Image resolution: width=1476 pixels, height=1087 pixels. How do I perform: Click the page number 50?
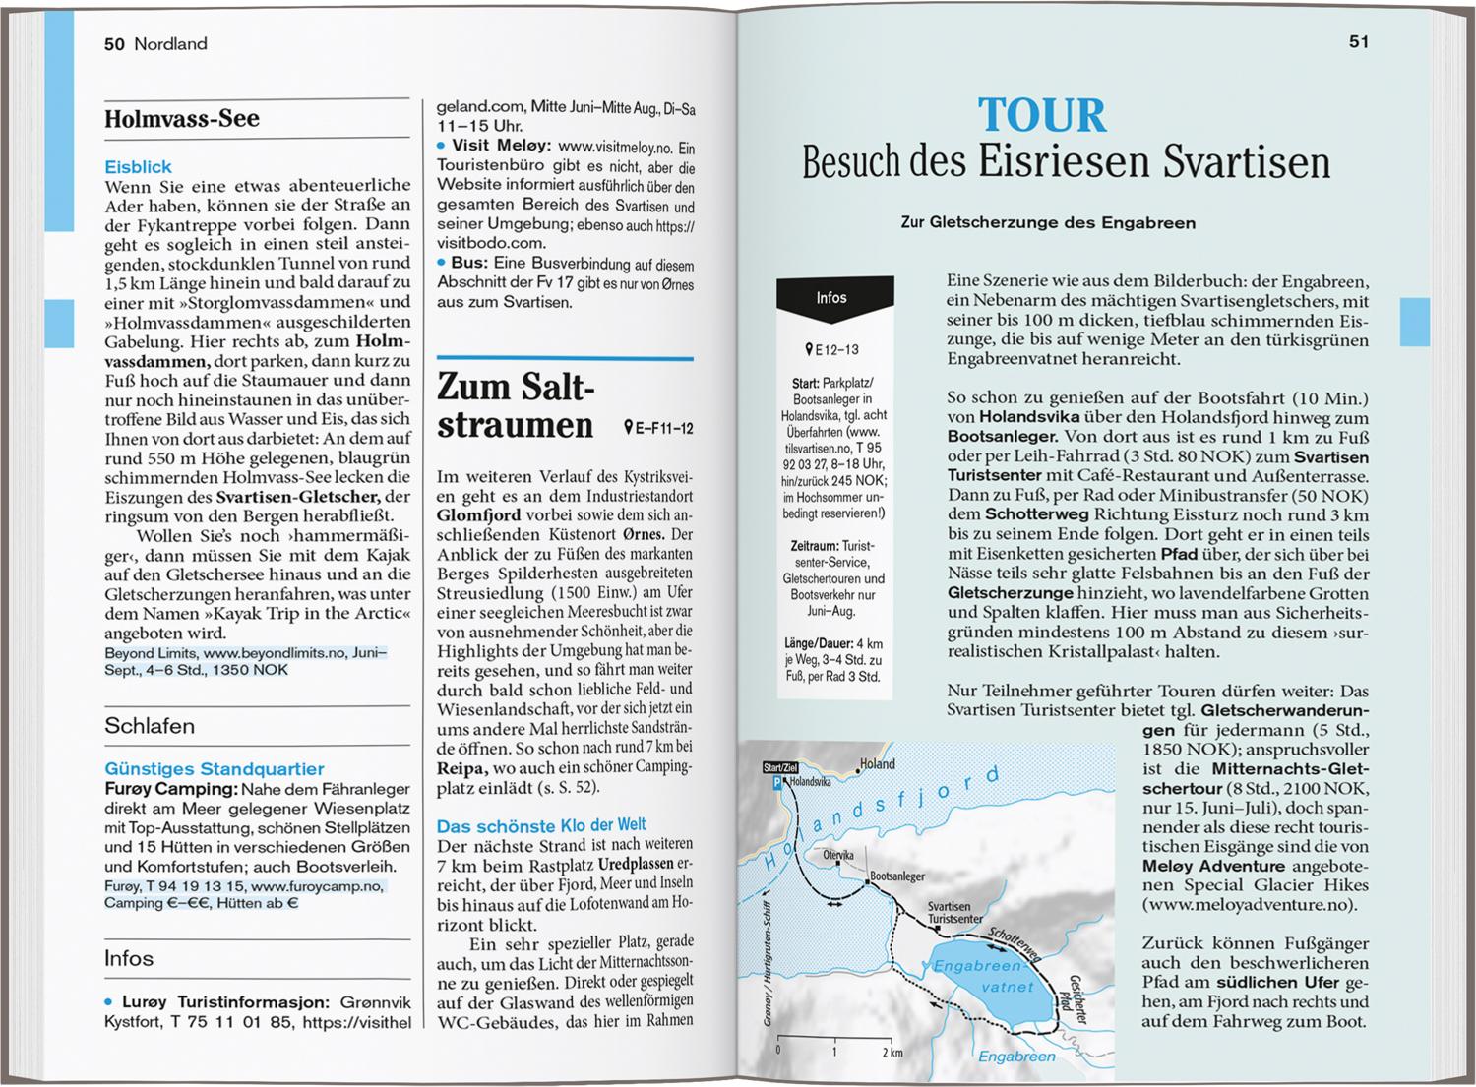(x=114, y=44)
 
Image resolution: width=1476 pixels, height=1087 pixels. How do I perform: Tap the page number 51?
(x=1359, y=42)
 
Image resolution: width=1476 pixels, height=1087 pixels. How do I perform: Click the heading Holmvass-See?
(x=182, y=119)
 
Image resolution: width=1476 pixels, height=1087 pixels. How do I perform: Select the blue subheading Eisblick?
(x=139, y=167)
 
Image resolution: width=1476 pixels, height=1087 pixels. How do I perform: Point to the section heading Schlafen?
(x=150, y=726)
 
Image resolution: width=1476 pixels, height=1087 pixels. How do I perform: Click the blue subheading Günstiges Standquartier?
(x=215, y=769)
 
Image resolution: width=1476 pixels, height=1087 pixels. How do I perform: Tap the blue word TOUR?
(x=1042, y=115)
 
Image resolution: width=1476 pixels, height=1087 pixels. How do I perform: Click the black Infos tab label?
(x=831, y=298)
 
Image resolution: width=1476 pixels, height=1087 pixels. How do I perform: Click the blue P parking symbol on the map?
(x=778, y=783)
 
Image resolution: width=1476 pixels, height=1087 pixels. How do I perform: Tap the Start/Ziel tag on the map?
(x=779, y=767)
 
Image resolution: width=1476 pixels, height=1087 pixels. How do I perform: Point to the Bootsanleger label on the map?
(x=897, y=876)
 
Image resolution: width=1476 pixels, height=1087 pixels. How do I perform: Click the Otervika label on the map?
(x=838, y=855)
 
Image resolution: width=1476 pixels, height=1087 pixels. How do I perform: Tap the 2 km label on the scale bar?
(x=892, y=1052)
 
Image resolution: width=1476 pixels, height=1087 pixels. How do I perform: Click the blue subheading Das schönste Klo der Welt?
(x=541, y=825)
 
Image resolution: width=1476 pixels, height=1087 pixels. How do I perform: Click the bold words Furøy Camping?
(x=171, y=789)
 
